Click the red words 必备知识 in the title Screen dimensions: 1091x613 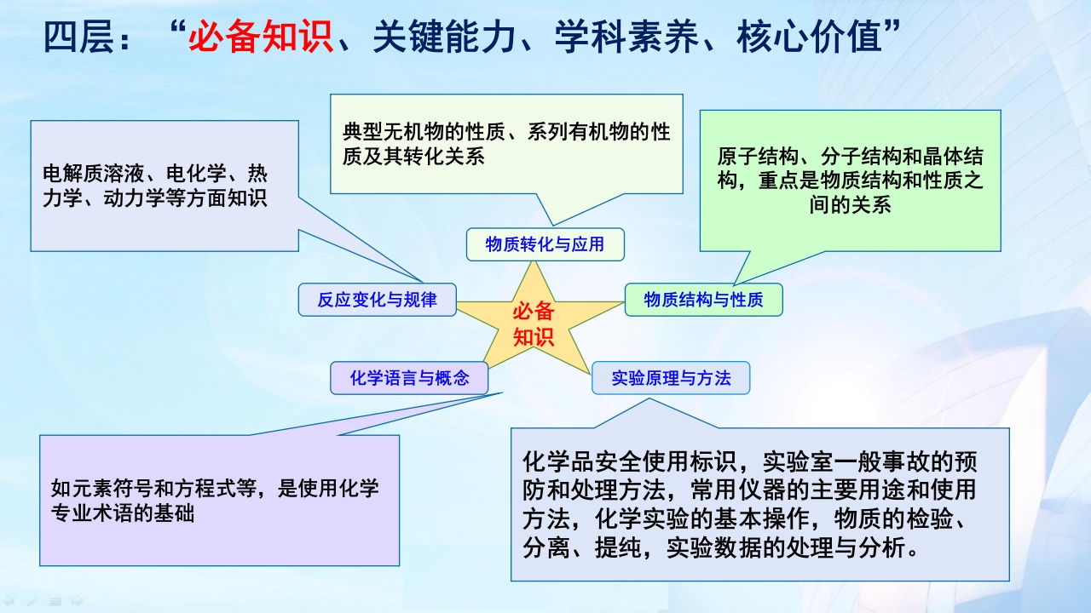[x=261, y=37]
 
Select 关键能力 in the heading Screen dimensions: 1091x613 [x=444, y=37]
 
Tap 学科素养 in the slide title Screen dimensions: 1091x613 [x=626, y=37]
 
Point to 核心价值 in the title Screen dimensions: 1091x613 [x=810, y=37]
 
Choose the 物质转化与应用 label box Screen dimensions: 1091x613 [x=545, y=244]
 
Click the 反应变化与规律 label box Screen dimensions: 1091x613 [x=378, y=300]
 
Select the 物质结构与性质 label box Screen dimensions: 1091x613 [x=704, y=300]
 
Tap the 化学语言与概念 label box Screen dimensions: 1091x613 [x=409, y=378]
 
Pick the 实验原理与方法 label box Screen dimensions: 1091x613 [x=671, y=378]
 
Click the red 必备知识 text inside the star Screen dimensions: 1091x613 [x=534, y=324]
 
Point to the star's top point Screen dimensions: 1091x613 [x=534, y=262]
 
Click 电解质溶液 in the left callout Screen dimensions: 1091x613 [x=93, y=173]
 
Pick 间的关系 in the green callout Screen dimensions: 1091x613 [x=851, y=205]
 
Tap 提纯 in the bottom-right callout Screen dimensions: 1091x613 [x=619, y=547]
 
